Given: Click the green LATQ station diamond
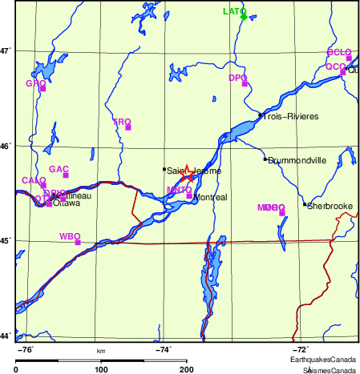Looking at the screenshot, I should (x=243, y=16).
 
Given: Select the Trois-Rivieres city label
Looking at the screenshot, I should (x=292, y=117).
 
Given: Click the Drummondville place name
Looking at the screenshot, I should (x=297, y=160).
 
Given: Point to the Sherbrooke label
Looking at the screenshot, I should (x=330, y=206).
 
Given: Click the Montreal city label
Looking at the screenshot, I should (x=212, y=197).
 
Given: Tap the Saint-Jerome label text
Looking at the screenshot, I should (x=194, y=171).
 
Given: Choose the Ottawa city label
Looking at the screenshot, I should (x=67, y=203).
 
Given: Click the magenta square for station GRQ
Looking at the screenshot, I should (x=42, y=88).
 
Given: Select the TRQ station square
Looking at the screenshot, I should (x=127, y=127).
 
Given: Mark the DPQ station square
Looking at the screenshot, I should (x=245, y=83).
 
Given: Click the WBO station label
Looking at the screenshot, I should (x=69, y=236).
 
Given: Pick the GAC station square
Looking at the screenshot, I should (x=66, y=175).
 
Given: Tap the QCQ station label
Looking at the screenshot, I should (x=334, y=66).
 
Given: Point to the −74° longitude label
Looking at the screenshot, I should (x=163, y=349).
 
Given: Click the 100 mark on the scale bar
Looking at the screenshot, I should (x=102, y=369).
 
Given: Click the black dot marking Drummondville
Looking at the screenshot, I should (x=265, y=159).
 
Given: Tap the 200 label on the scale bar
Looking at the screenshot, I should (x=187, y=369).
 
